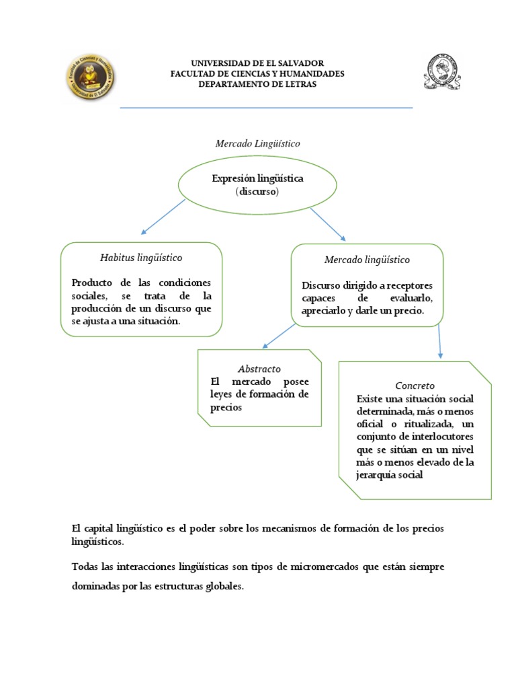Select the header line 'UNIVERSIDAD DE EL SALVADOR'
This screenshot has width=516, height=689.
[x=258, y=63]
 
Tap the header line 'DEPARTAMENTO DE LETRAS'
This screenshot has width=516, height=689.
[x=258, y=84]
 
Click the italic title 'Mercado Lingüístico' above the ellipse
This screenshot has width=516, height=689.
[x=257, y=144]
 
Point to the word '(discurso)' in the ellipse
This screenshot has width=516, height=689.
[x=257, y=191]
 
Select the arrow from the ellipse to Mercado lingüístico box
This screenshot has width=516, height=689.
[x=328, y=223]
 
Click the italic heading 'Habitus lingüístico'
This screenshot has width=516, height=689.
[x=141, y=258]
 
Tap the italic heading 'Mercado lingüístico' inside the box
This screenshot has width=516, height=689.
[x=367, y=259]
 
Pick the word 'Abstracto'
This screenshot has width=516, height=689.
[x=259, y=369]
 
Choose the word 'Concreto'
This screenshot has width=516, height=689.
[x=415, y=386]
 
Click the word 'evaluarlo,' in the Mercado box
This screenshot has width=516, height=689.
[x=406, y=298]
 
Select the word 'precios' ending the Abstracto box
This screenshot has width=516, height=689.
[x=226, y=407]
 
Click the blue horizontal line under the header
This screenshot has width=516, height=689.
[x=266, y=108]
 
